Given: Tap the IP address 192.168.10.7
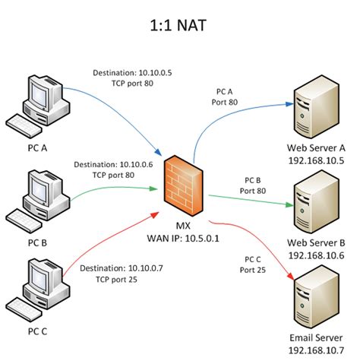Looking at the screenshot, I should click(315, 350).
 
